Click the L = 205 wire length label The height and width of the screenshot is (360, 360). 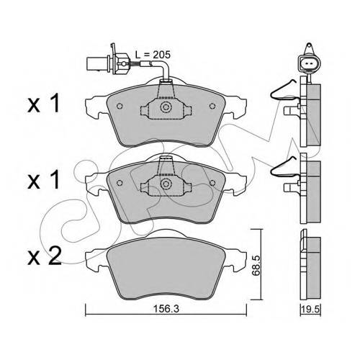pos(153,55)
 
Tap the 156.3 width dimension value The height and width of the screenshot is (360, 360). pos(166,309)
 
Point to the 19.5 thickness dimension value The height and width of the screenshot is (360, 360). pos(310,309)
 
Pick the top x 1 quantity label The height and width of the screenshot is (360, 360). pos(43,104)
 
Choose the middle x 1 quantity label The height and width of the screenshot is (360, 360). pos(43,181)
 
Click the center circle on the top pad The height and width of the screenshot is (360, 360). pos(166,107)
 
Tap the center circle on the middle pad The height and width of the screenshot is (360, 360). pos(166,184)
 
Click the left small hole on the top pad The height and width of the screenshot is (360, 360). pos(120,106)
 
